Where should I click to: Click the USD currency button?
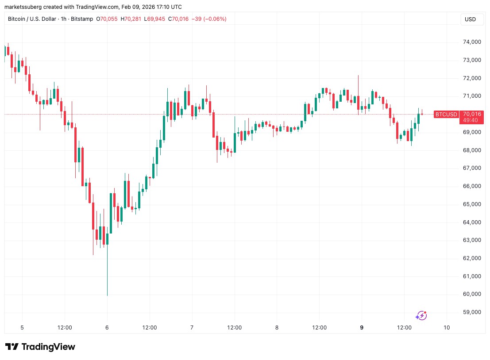470,19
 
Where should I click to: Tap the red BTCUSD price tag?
446,115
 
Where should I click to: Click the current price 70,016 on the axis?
472,113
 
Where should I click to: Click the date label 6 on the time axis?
107,328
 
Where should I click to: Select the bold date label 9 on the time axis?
362,328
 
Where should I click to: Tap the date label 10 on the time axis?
447,328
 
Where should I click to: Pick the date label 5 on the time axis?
22,328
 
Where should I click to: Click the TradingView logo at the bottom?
40,347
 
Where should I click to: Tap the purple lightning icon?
421,315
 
